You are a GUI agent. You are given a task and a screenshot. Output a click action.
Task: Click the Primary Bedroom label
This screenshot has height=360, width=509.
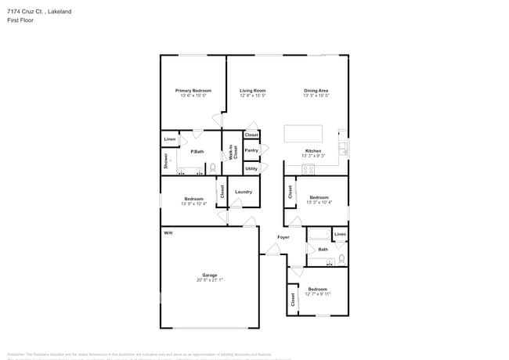pos(193,91)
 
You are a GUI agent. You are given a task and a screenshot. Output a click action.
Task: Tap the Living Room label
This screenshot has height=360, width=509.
pos(253,91)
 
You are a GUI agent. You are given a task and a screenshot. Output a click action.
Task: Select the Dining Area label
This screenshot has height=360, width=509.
pos(316,91)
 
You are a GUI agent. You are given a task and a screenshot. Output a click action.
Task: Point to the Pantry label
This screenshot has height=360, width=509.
pos(251,150)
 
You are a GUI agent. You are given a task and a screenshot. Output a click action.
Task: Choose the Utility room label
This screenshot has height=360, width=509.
pos(251,168)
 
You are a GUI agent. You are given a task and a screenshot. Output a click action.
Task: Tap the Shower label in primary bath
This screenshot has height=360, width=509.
pos(166,161)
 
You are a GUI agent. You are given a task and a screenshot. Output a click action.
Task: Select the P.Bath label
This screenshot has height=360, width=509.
pos(197,151)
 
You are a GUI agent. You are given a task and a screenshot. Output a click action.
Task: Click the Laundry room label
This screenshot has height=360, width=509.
pos(243,192)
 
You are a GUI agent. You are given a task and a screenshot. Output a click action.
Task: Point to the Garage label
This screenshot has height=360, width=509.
pos(209,275)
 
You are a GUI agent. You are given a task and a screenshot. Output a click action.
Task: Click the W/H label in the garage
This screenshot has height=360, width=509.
pos(168,233)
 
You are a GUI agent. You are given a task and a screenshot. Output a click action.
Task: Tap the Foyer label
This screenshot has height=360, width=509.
pos(283,237)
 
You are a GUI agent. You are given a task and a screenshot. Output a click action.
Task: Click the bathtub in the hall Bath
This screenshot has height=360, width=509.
pos(319,236)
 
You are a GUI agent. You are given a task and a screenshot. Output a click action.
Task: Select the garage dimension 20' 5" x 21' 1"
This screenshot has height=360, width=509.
pos(209,279)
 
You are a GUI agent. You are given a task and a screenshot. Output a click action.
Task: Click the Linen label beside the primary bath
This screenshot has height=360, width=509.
pos(170,140)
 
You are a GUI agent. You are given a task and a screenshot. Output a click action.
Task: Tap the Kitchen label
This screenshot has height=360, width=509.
pos(313,151)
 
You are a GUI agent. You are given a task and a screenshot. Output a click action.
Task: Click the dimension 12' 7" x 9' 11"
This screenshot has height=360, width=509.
pos(319,293)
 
